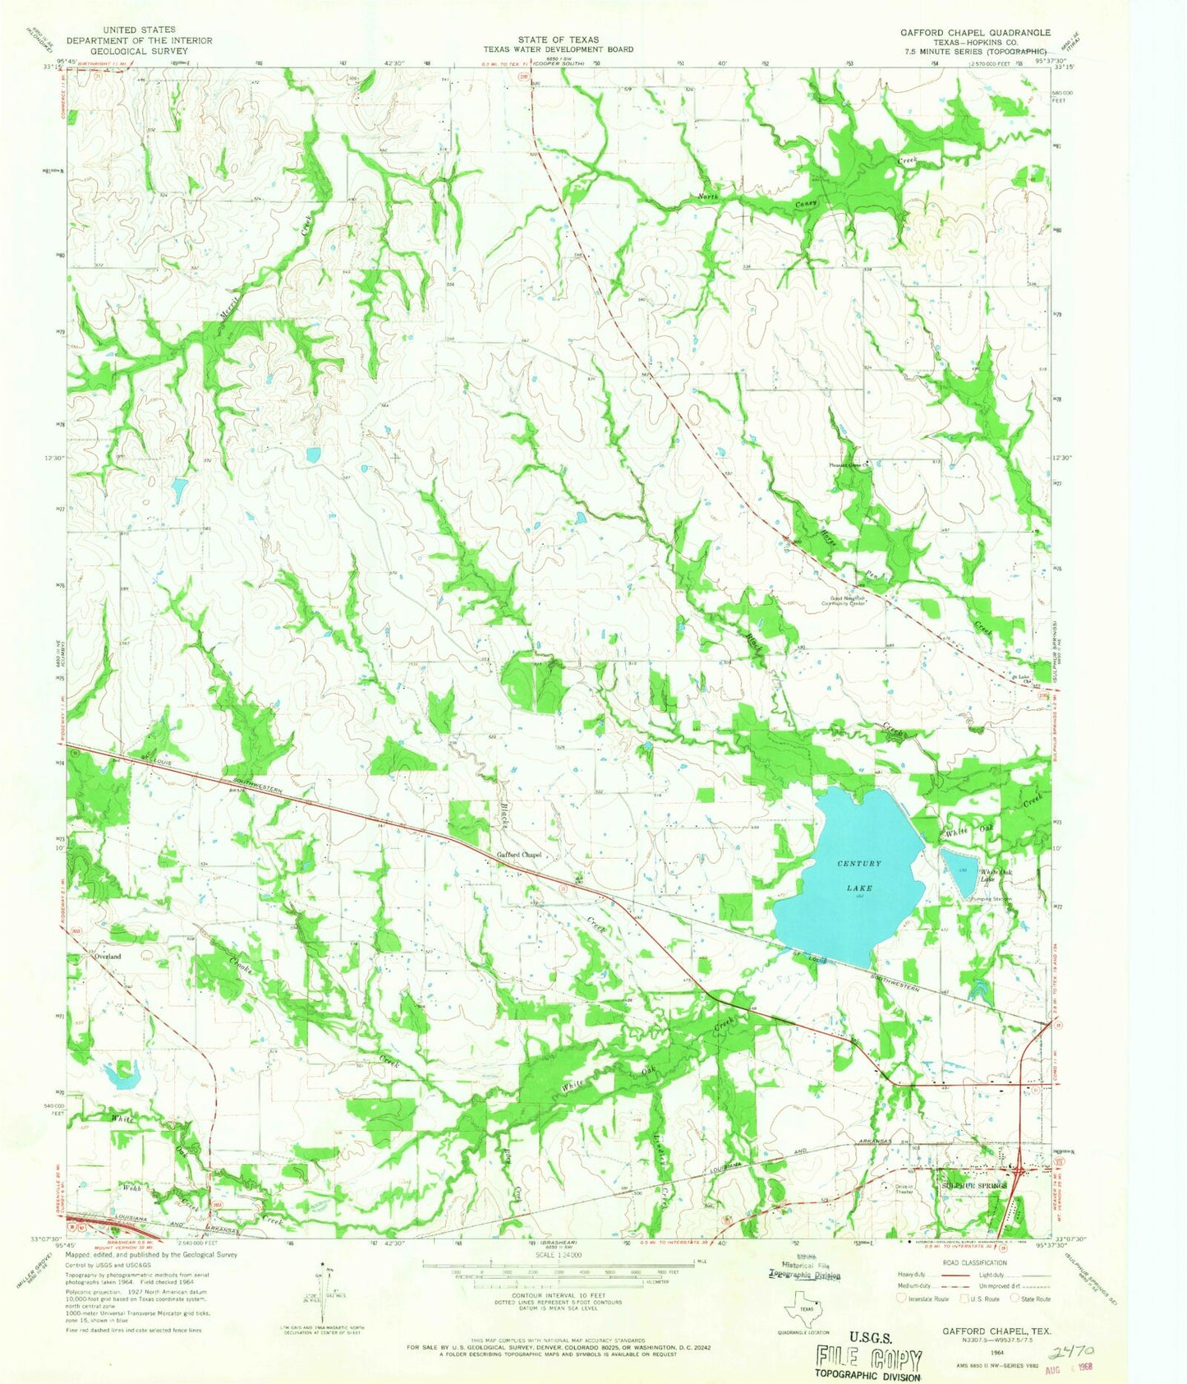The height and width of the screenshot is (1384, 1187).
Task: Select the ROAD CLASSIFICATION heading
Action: pyautogui.click(x=973, y=1262)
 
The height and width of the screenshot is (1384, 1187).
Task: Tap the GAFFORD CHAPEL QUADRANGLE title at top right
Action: pyautogui.click(x=975, y=33)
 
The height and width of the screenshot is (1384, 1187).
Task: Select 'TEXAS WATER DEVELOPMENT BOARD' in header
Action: pyautogui.click(x=558, y=49)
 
